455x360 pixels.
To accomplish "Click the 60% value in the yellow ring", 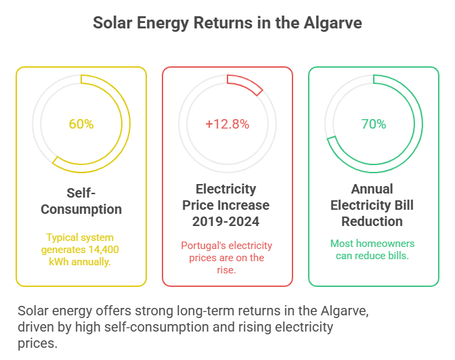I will [81, 125].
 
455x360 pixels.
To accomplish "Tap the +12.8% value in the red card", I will [227, 125].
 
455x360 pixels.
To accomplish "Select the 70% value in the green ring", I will [373, 125].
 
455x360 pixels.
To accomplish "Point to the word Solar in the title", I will [112, 23].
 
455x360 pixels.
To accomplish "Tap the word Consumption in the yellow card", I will [81, 209].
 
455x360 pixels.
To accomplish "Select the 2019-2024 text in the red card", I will [227, 221].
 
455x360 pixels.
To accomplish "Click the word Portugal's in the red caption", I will [204, 246].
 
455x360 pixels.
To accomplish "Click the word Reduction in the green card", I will [372, 221].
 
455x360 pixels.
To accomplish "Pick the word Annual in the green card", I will [372, 189].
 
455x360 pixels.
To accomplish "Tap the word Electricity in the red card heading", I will [226, 189].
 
